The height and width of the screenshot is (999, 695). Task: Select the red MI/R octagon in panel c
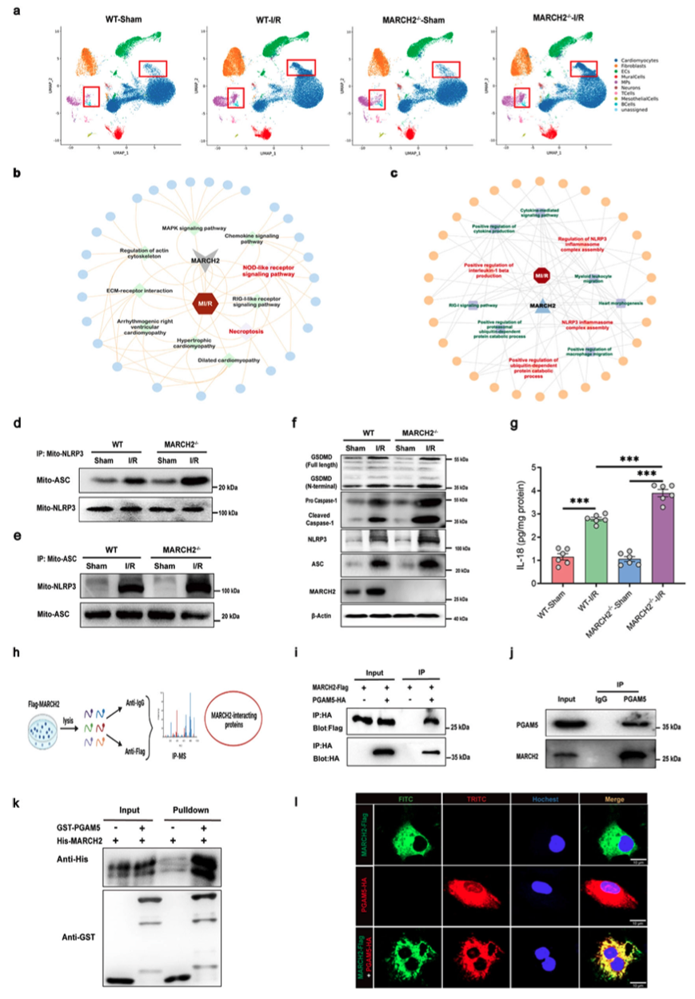click(x=541, y=277)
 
